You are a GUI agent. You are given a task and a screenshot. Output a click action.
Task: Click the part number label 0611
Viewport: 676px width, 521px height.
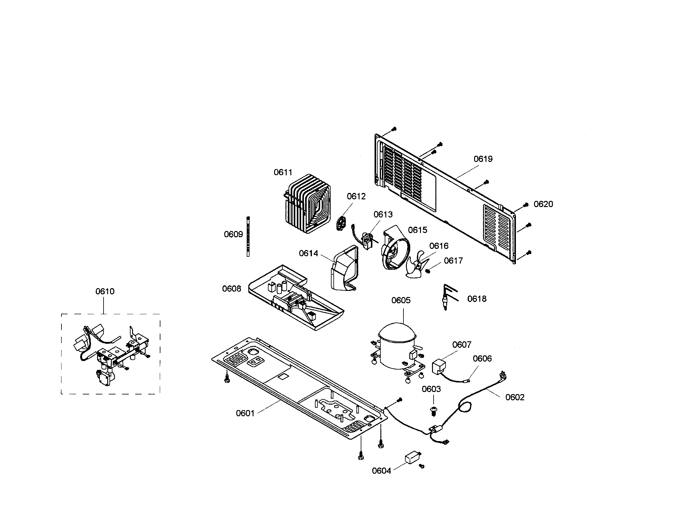[283, 172]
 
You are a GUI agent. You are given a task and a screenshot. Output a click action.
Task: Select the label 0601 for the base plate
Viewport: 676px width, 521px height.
[245, 413]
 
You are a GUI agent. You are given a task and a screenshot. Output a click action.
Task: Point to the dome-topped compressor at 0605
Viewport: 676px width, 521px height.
[397, 347]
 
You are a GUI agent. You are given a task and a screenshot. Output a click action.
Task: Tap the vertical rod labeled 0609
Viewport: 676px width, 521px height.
[248, 237]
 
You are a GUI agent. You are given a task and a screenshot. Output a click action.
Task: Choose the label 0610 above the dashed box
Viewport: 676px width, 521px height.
[104, 292]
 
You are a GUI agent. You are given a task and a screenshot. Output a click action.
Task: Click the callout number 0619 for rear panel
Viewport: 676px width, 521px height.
[483, 159]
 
